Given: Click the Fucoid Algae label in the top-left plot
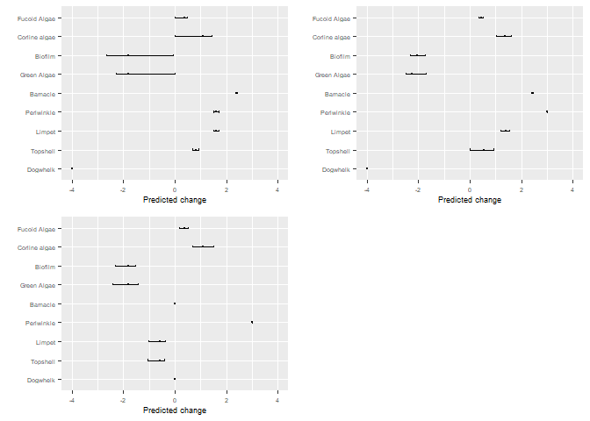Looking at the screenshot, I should pyautogui.click(x=38, y=18).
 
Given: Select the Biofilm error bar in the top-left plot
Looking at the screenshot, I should pyautogui.click(x=140, y=55).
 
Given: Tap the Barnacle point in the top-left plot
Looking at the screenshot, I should pyautogui.click(x=236, y=93).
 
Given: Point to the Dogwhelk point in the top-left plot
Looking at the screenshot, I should pyautogui.click(x=72, y=168).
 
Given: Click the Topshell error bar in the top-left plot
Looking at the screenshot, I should pyautogui.click(x=196, y=150).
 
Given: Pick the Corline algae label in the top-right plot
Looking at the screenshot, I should pyautogui.click(x=332, y=37).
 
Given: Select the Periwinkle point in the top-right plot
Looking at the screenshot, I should pyautogui.click(x=547, y=111).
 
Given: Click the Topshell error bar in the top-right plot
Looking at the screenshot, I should pyautogui.click(x=482, y=150).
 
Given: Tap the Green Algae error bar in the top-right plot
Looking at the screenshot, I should pyautogui.click(x=416, y=74).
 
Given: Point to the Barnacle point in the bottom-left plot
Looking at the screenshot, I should pyautogui.click(x=175, y=303).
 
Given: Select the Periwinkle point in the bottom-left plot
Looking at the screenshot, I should pyautogui.click(x=252, y=322).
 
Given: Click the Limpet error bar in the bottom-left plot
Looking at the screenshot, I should pyautogui.click(x=157, y=341).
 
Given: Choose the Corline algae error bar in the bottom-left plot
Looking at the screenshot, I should pyautogui.click(x=203, y=246).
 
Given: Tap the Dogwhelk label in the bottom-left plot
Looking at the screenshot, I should pyautogui.click(x=42, y=380).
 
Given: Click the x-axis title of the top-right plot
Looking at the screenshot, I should pyautogui.click(x=470, y=200).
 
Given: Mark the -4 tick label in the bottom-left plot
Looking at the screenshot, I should pyautogui.click(x=71, y=401).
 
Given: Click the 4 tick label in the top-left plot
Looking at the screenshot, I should pyautogui.click(x=277, y=189).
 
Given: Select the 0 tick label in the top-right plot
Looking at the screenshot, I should pyautogui.click(x=470, y=189).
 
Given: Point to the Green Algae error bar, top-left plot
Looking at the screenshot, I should pyautogui.click(x=146, y=74).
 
